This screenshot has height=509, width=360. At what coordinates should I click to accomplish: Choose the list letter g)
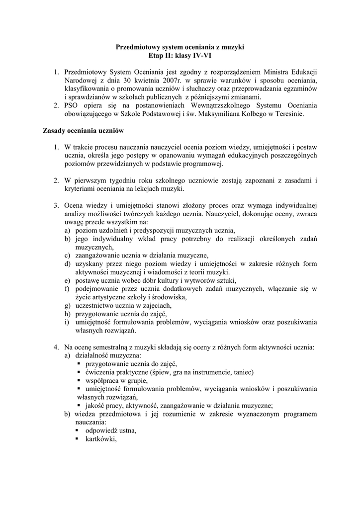pyautogui.click(x=67, y=306)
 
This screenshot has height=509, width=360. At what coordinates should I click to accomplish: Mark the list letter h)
pyautogui.click(x=67, y=314)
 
